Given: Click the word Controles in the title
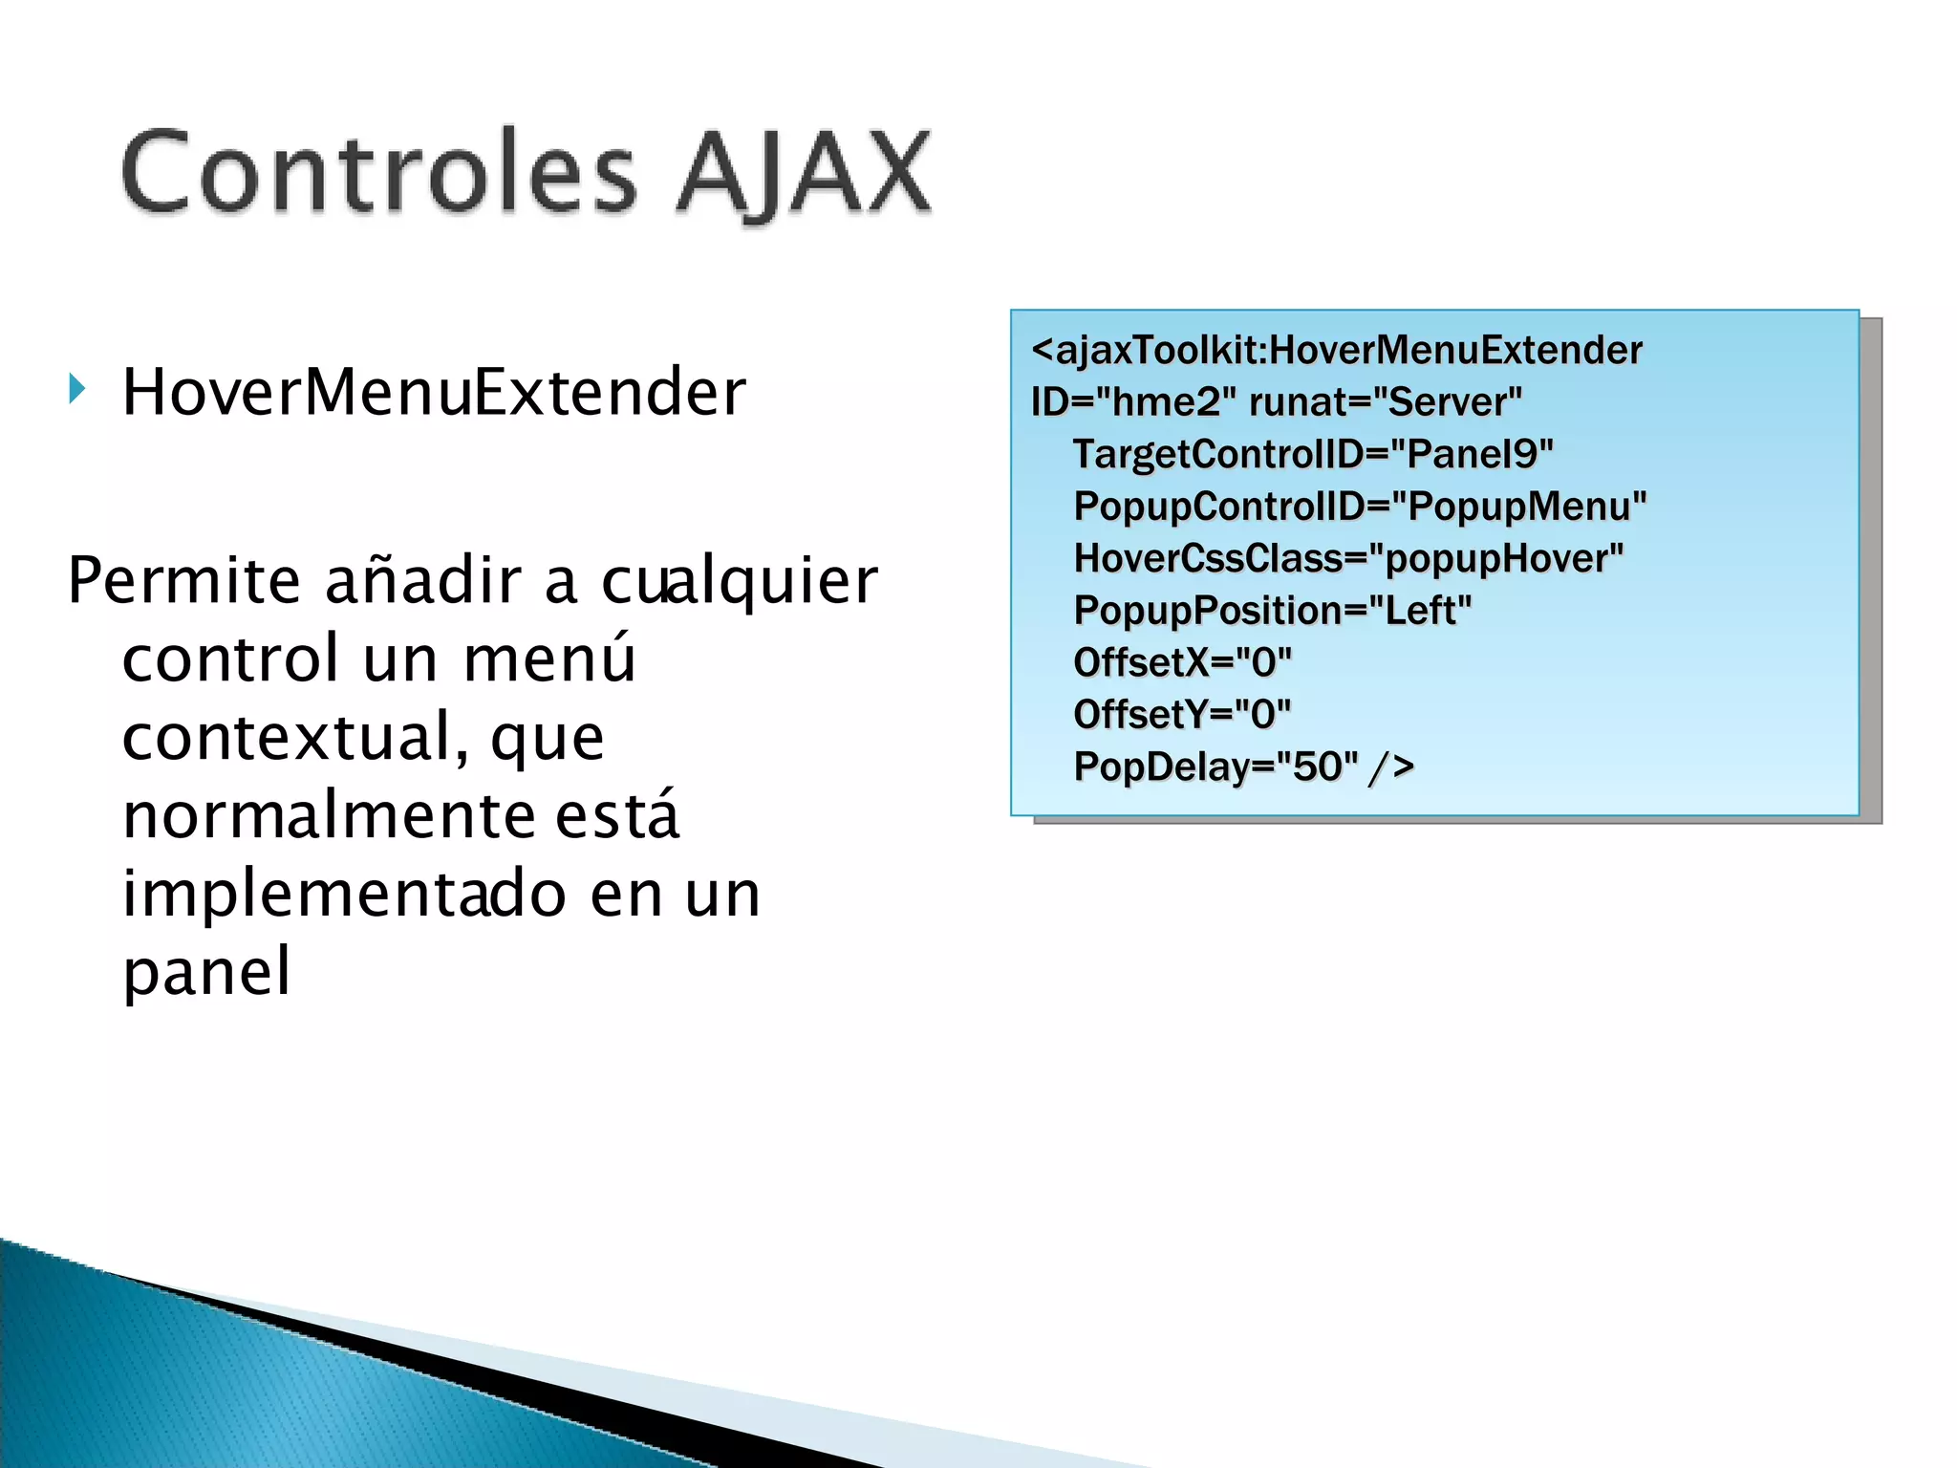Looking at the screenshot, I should coord(377,172).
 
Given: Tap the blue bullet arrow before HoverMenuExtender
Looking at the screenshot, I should coord(77,389).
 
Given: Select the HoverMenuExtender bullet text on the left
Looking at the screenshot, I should coord(434,392).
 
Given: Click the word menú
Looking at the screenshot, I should coord(549,658).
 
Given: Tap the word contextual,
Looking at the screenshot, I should coord(295,737).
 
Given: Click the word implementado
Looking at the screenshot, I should coord(345,894).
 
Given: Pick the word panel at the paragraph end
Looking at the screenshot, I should coord(206,972).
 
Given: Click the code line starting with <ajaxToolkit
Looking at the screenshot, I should coord(1336,350).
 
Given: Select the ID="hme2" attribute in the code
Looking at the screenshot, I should coord(1125,402).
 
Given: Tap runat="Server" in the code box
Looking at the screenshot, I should coord(1386,402).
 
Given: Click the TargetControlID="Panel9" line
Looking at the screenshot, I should coord(1313,454).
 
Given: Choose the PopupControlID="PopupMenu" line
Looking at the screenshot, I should coord(1360,507).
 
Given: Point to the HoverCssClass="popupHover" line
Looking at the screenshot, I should coord(1348,558).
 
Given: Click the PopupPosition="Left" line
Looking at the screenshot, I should coord(1272,611).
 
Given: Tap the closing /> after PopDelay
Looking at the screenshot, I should coord(1391,766).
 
